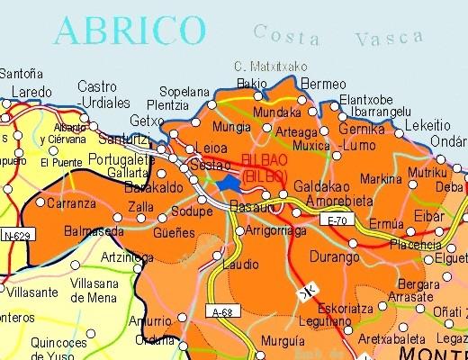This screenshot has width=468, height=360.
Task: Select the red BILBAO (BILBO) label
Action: (x=265, y=167)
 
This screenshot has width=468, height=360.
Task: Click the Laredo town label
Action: (x=31, y=93)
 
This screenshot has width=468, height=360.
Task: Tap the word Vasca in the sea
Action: (x=389, y=37)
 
